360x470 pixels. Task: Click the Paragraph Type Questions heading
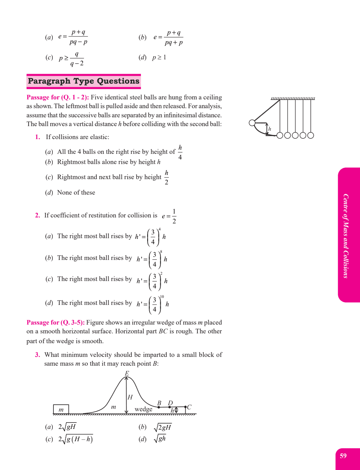click(84, 81)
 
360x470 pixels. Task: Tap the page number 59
click(343, 456)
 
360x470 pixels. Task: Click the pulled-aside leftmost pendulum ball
click(252, 123)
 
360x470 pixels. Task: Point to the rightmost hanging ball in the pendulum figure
click(310, 135)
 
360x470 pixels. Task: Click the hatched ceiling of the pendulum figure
click(292, 98)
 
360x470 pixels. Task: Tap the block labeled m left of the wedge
click(61, 409)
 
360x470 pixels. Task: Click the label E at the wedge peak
click(127, 373)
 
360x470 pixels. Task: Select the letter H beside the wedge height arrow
click(130, 397)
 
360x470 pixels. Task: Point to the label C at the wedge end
click(189, 407)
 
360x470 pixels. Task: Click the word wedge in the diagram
click(143, 409)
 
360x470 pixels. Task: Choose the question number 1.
click(38, 137)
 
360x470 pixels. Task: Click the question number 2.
click(38, 215)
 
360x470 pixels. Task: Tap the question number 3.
click(38, 355)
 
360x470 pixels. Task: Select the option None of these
click(76, 192)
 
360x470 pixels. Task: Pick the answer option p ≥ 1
click(159, 57)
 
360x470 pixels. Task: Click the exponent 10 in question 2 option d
click(162, 297)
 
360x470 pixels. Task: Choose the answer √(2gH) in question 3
click(162, 427)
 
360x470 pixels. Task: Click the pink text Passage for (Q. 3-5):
click(56, 322)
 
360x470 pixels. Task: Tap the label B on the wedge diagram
click(159, 403)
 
